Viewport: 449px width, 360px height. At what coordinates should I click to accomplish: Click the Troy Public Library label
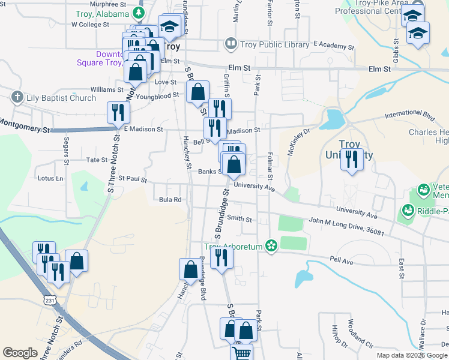(x=274, y=43)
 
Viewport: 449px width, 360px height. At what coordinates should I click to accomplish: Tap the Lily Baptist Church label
(x=61, y=98)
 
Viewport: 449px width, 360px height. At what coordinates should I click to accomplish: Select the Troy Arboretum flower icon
(x=271, y=246)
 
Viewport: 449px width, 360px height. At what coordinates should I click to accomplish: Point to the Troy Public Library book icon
(x=230, y=43)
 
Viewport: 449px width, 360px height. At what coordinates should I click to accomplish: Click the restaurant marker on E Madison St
(x=118, y=113)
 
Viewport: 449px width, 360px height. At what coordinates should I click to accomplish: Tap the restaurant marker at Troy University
(x=352, y=160)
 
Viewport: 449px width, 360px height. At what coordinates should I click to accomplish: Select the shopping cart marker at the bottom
(x=241, y=353)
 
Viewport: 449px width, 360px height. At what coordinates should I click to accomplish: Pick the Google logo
(x=20, y=353)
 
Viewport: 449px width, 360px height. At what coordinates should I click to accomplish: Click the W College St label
(x=90, y=25)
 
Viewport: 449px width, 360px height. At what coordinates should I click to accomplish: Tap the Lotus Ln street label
(x=50, y=178)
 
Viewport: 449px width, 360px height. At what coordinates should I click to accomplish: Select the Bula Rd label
(x=170, y=199)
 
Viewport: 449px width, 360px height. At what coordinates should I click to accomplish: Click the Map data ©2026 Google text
(x=411, y=355)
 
